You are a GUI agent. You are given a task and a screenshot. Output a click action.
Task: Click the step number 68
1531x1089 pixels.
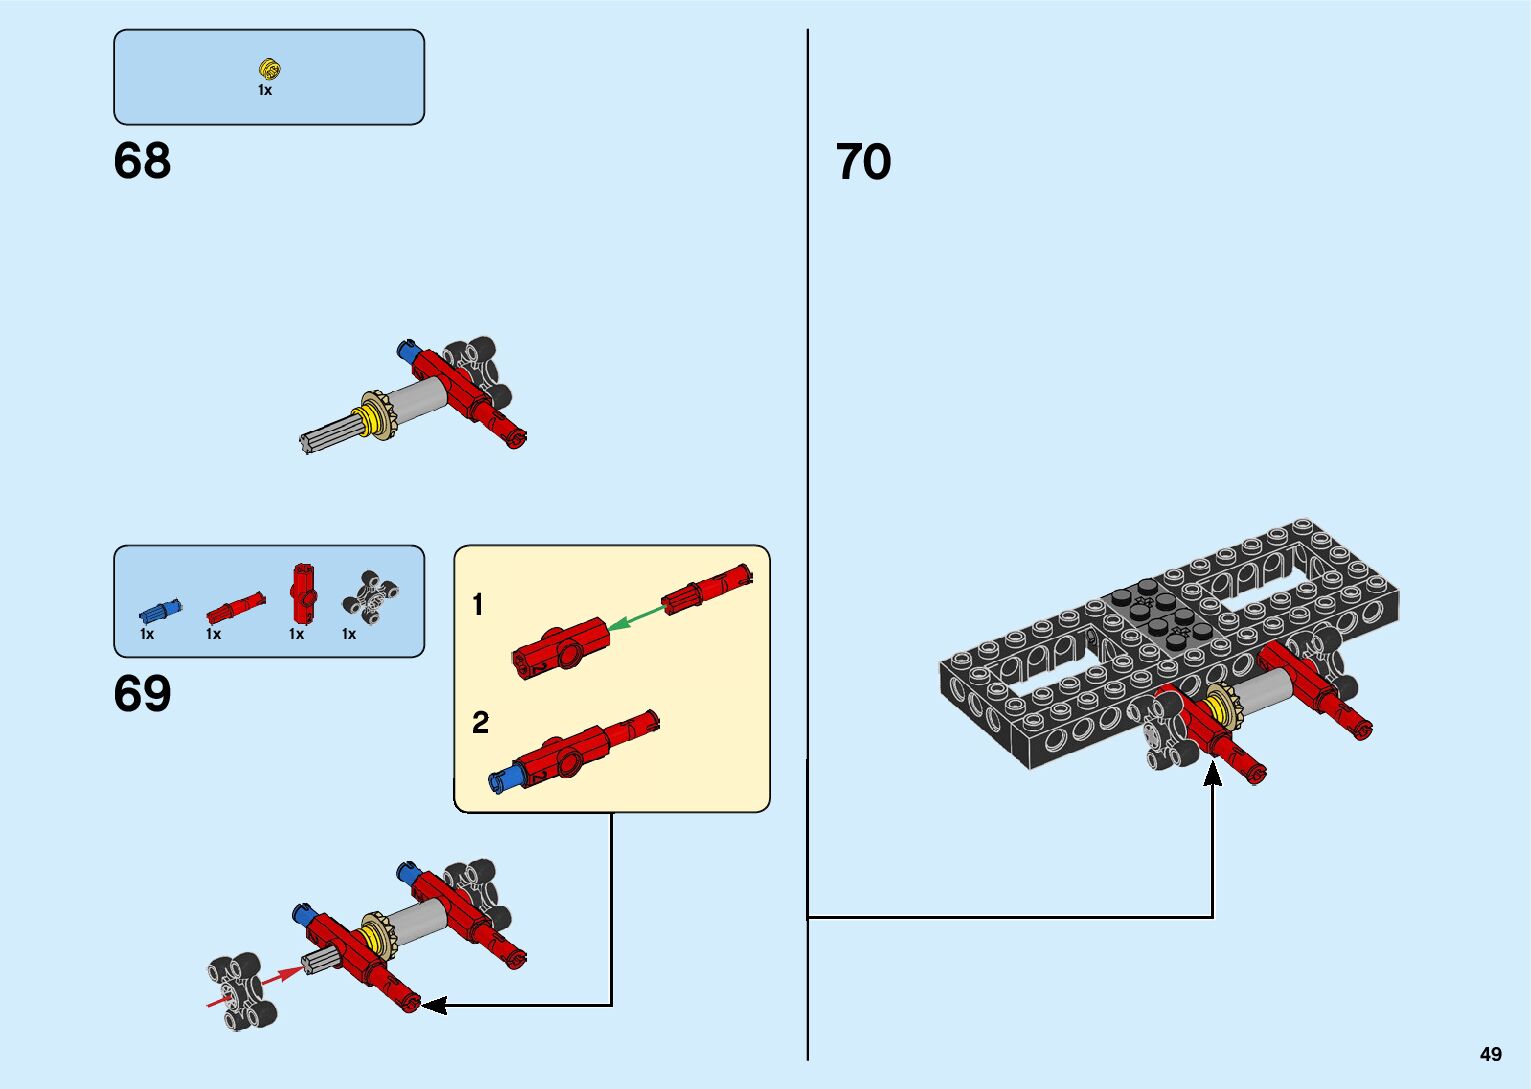(x=142, y=161)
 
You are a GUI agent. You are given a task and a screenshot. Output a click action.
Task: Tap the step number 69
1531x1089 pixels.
(x=142, y=694)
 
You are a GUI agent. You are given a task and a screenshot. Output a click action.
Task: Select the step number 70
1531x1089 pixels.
(x=863, y=162)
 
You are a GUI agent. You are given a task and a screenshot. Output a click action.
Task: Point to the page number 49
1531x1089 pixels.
(x=1490, y=1054)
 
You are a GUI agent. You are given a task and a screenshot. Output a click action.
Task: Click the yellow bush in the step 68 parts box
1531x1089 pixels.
(x=269, y=69)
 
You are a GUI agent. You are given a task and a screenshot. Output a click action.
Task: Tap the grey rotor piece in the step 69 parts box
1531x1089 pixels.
(x=370, y=596)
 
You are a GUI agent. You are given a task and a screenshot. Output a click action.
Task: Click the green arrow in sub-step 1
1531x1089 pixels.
(x=636, y=619)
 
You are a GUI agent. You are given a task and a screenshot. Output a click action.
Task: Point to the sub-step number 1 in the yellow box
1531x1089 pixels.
(x=478, y=605)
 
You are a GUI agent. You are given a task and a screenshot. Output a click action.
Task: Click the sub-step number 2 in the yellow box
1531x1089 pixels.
(x=480, y=722)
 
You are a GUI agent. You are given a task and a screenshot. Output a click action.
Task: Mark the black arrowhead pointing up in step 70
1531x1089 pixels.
(x=1212, y=773)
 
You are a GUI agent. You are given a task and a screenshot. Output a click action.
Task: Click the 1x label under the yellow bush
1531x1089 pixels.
(x=265, y=90)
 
